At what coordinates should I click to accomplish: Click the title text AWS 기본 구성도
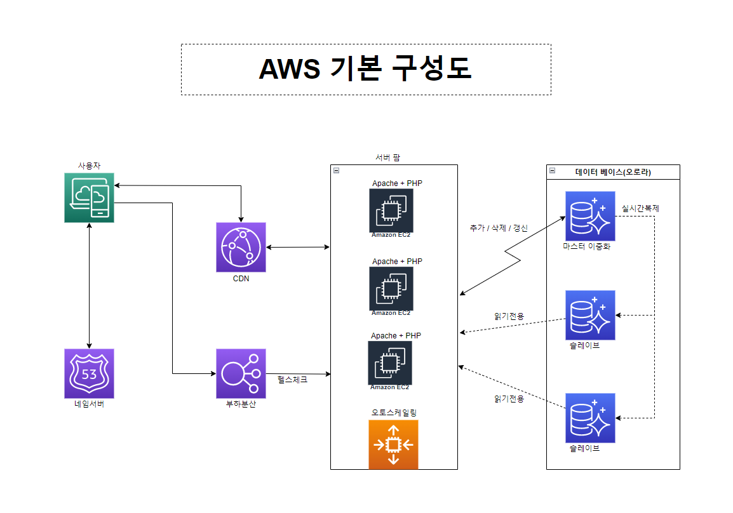365,69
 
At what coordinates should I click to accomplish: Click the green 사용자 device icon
89,197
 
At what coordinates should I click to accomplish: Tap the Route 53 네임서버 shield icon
89,373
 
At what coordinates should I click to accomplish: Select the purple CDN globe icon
241,248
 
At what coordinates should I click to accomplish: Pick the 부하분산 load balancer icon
241,373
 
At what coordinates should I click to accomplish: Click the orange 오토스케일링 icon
393,444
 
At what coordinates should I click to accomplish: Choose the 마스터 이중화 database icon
590,217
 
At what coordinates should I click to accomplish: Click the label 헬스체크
293,380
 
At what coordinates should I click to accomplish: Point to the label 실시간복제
640,208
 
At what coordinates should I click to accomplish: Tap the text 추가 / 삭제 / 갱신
499,228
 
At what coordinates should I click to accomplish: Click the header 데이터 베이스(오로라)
613,171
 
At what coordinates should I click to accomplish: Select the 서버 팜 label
387,157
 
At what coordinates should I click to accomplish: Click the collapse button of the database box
553,171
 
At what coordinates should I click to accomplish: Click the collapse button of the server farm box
336,170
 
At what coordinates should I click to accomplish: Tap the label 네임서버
89,404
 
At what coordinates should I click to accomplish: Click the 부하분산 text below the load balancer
241,404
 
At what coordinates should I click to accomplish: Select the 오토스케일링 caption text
394,413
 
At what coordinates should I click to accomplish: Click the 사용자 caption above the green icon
89,165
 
